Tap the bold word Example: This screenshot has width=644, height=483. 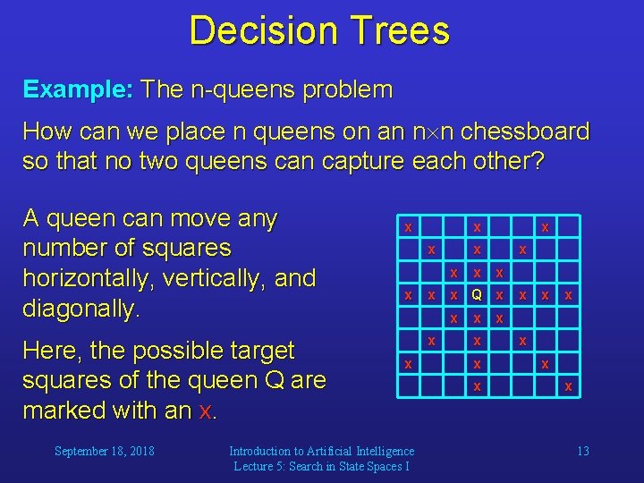coord(79,89)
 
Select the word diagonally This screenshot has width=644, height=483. coord(80,309)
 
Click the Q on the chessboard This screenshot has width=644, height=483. coord(478,295)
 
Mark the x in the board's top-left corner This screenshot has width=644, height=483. coord(408,227)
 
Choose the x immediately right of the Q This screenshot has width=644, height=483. coord(500,295)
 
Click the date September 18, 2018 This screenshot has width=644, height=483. coord(104,451)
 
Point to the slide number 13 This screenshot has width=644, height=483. coord(582,451)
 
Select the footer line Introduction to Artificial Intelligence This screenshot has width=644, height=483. coord(321,451)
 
